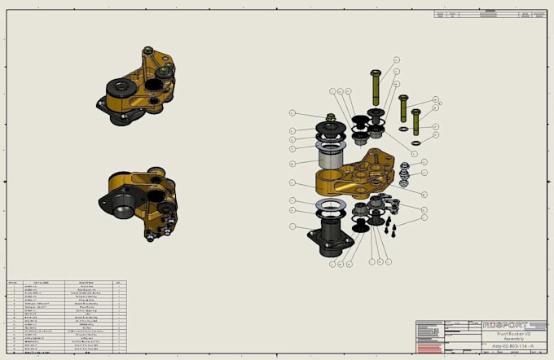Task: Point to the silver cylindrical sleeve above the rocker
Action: (x=332, y=156)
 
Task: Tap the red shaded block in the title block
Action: (x=429, y=348)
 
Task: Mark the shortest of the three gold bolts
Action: (x=415, y=122)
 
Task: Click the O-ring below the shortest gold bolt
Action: (x=416, y=143)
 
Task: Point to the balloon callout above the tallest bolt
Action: (x=397, y=59)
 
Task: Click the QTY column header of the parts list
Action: (x=118, y=283)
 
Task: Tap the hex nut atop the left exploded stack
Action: (x=332, y=119)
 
